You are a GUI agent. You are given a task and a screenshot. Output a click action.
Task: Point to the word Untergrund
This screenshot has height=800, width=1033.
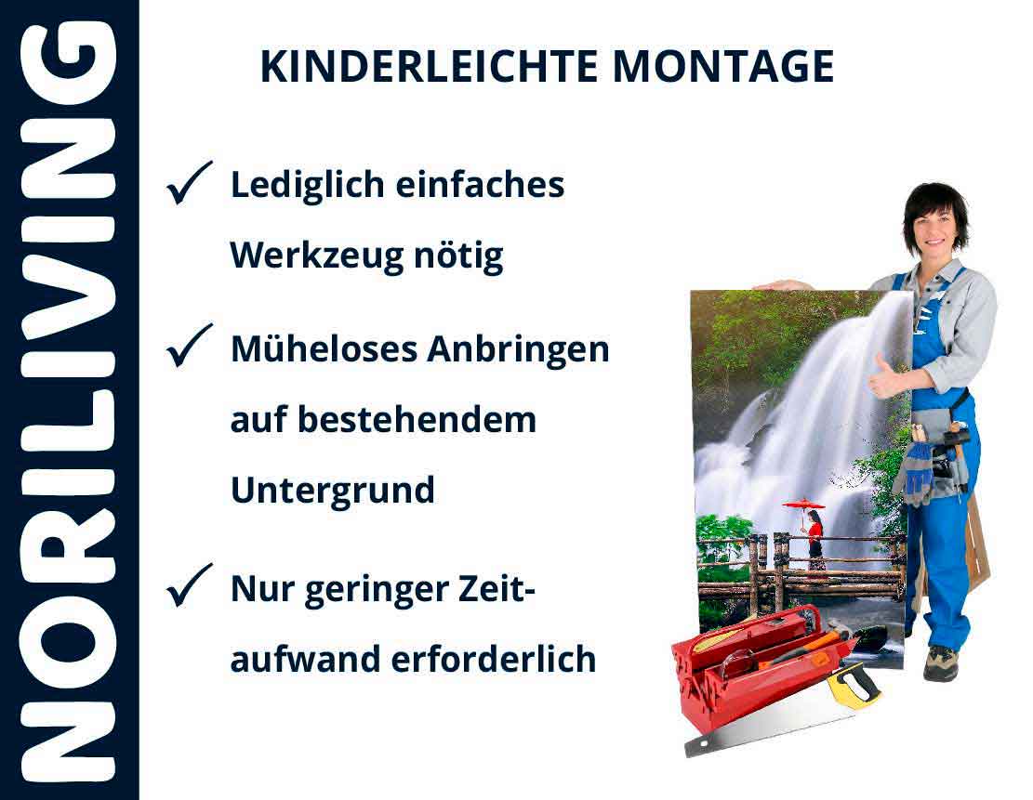[x=333, y=490]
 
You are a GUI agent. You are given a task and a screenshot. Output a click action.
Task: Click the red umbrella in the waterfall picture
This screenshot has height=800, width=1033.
[x=804, y=505]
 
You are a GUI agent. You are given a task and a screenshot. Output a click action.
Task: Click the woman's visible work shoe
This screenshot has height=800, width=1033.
[x=940, y=662]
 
